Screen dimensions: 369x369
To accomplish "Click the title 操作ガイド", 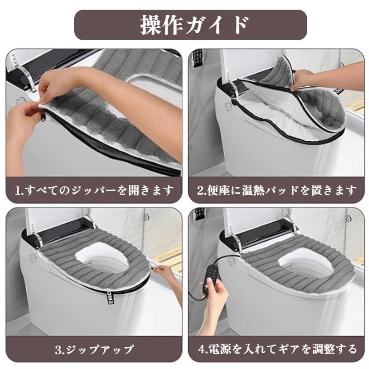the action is [194, 25].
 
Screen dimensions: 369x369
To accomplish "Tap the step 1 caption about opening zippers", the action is [94, 190].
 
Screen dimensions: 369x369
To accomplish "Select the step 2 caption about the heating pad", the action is [276, 190].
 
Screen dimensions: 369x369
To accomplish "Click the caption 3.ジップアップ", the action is [94, 349].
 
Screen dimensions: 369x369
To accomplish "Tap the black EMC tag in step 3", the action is [111, 297].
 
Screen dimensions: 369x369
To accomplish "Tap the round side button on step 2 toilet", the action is [228, 106].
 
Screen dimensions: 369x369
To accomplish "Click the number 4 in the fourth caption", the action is [202, 349].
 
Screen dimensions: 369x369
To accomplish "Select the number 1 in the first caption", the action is [18, 190].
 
